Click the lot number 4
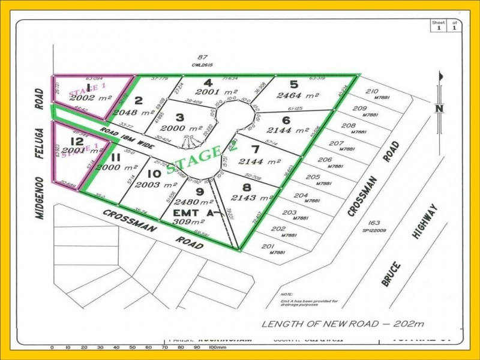(208, 83)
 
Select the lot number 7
(256, 149)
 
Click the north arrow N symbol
(440, 108)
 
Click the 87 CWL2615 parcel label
(203, 61)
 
